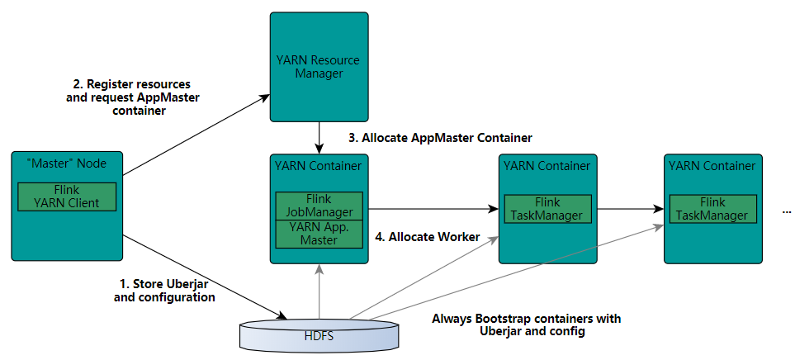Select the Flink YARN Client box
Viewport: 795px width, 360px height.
pos(67,197)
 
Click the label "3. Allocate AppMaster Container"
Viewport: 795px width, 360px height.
pos(440,137)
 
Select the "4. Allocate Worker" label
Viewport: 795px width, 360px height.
pos(427,237)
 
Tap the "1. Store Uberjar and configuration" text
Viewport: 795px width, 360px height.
pos(164,291)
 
